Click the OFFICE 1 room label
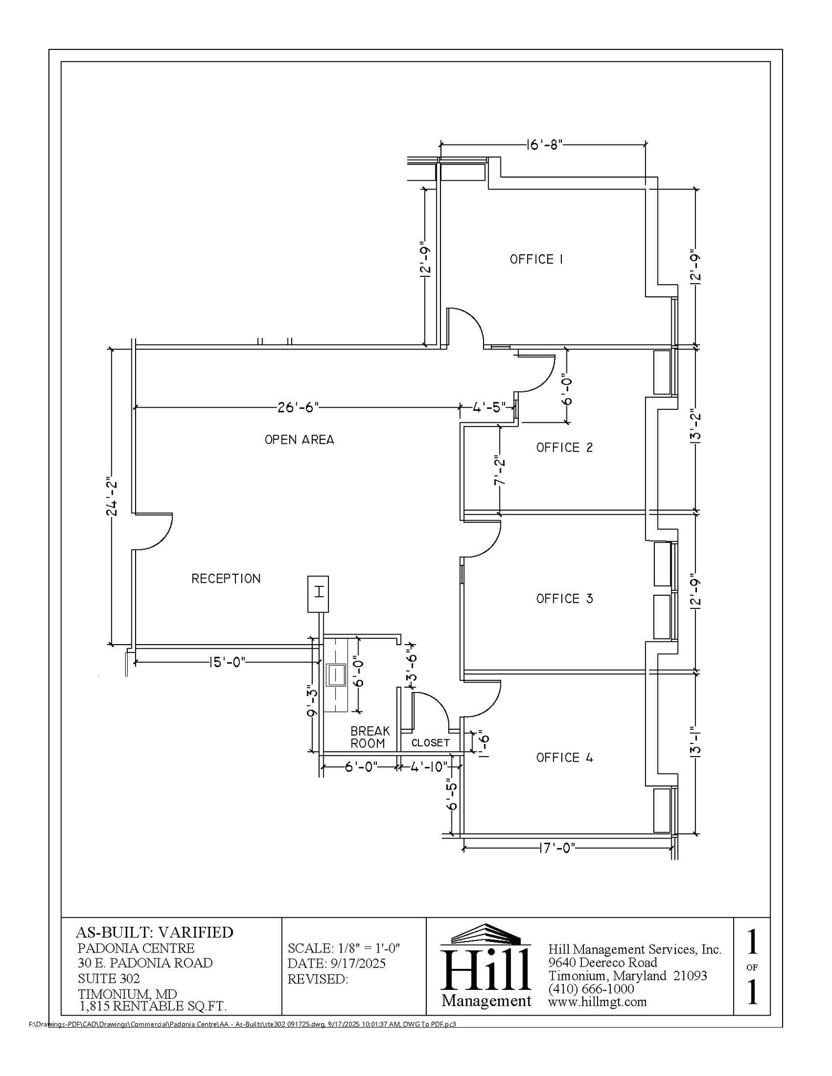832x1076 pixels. pyautogui.click(x=536, y=259)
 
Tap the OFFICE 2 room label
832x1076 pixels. pyautogui.click(x=564, y=447)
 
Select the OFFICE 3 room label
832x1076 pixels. pyautogui.click(x=564, y=598)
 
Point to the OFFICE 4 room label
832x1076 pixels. pyautogui.click(x=564, y=757)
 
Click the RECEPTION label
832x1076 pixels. pyautogui.click(x=225, y=578)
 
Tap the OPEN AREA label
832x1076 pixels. pyautogui.click(x=299, y=439)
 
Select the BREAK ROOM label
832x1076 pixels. pyautogui.click(x=369, y=737)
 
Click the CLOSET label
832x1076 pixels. pyautogui.click(x=430, y=742)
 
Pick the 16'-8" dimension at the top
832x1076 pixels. pyautogui.click(x=544, y=144)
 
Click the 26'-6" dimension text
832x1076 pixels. pyautogui.click(x=297, y=407)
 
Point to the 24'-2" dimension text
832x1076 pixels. pyautogui.click(x=112, y=498)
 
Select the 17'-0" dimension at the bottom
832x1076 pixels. pyautogui.click(x=557, y=847)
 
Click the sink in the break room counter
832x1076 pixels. pyautogui.click(x=336, y=675)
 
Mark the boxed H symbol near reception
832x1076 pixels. pyautogui.click(x=318, y=594)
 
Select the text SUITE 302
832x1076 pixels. pyautogui.click(x=109, y=978)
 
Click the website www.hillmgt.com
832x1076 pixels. pyautogui.click(x=597, y=1001)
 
